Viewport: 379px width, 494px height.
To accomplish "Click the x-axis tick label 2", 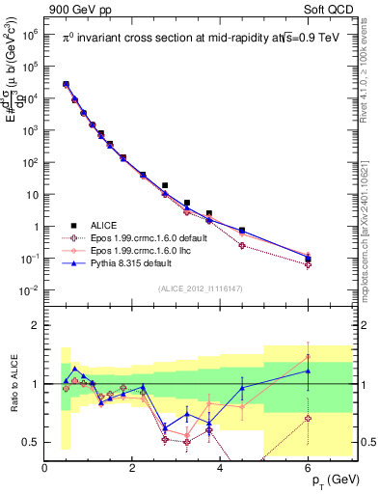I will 133,468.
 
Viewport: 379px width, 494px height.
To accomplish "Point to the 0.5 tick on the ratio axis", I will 33,442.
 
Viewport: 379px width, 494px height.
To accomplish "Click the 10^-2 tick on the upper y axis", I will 31,290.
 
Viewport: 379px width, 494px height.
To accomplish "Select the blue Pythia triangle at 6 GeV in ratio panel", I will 308,370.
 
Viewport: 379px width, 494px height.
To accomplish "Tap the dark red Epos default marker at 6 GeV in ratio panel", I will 308,418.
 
